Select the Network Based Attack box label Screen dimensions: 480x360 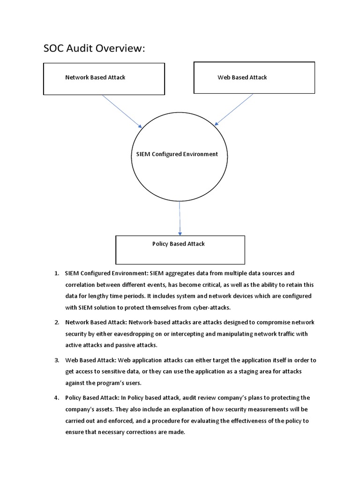pos(95,77)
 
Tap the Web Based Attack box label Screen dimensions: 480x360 pos(242,77)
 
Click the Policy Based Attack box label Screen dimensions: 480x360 pos(178,244)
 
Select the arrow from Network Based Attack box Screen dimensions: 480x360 pos(122,111)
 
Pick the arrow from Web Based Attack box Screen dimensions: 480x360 pos(234,110)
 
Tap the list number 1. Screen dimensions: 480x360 pos(56,273)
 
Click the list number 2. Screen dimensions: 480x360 pos(56,322)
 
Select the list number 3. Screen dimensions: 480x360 pos(56,360)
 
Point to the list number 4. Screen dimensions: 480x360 pos(56,398)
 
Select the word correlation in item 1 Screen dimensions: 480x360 pos(82,285)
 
